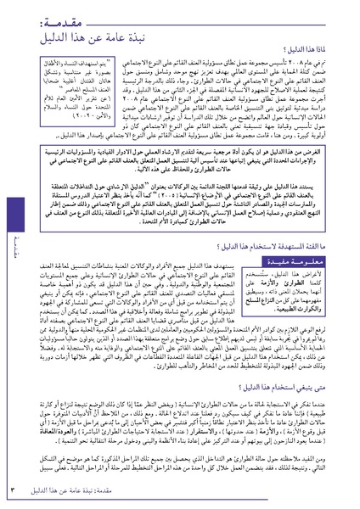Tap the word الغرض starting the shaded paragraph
(x=335, y=150)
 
